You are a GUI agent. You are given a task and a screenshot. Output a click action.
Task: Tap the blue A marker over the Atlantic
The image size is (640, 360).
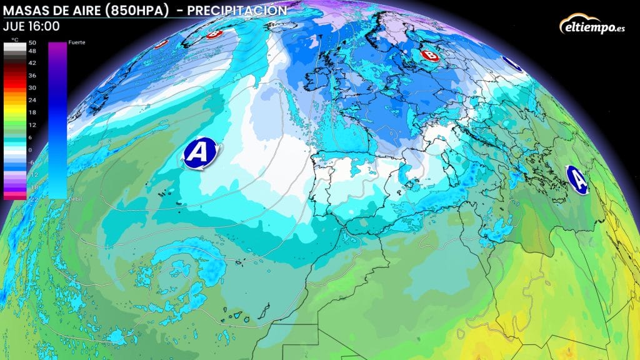point(200,152)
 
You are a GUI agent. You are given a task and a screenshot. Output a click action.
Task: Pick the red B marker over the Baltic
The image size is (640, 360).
point(429,55)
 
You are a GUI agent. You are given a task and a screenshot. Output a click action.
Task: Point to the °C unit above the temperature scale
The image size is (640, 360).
point(14,40)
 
